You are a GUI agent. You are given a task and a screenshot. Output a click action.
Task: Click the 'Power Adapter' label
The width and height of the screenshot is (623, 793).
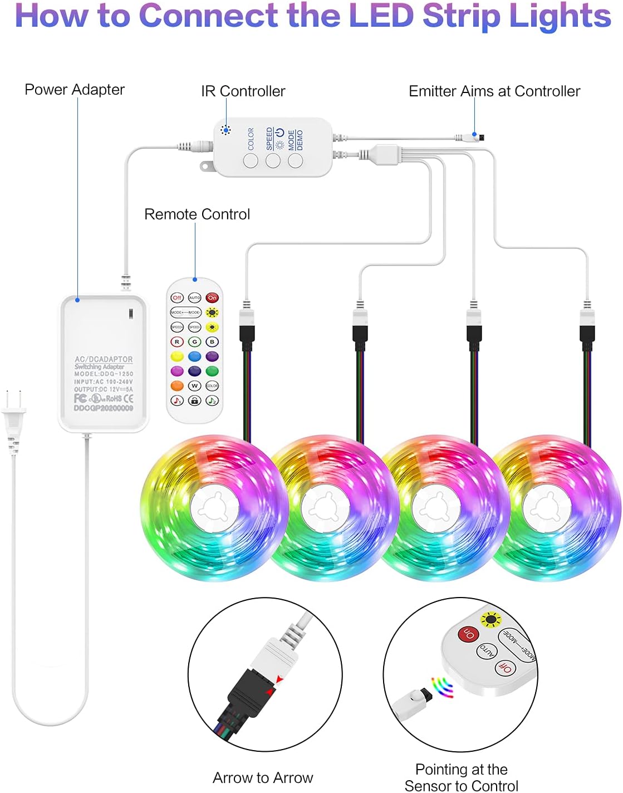coord(75,90)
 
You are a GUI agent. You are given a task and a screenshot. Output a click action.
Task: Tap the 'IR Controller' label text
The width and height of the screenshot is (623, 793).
coord(243,91)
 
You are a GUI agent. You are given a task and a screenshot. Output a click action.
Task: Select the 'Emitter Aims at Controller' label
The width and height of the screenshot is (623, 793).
coord(494,91)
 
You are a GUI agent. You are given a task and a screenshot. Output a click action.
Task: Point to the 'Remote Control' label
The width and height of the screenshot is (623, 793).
coord(197,214)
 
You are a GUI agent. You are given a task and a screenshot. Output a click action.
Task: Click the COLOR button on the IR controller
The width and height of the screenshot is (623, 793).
coord(251,161)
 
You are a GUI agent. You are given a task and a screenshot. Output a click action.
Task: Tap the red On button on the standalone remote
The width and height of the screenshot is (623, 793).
coord(212,298)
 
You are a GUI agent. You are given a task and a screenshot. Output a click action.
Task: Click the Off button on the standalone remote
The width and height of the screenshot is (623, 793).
coord(177,298)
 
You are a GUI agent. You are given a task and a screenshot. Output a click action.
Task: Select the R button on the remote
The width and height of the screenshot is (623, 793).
coord(177,342)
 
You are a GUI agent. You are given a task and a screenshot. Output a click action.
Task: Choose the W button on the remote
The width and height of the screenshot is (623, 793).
coord(194,385)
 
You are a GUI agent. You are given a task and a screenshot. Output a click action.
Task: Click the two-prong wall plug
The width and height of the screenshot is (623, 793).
coord(13,415)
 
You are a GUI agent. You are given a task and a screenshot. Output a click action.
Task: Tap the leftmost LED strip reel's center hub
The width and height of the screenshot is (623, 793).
coord(214,508)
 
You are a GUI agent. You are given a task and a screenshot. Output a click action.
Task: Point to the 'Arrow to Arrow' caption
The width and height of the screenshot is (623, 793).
coord(263,777)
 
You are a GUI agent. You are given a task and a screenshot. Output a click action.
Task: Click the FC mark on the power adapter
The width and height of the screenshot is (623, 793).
coord(80,398)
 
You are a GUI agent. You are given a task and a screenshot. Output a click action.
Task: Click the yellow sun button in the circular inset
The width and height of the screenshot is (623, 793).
coord(491,619)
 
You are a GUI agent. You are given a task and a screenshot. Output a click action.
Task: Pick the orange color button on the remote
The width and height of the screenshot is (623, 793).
coord(177,385)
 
